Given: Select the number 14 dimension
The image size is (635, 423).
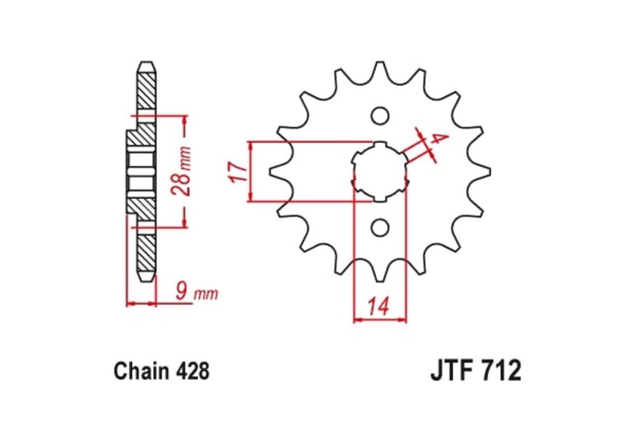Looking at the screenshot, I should point(379,306).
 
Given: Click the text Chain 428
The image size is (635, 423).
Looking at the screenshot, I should point(161,371).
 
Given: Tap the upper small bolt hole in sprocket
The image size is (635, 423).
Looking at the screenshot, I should point(379,115).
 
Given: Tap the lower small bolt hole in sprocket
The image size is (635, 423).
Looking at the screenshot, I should point(379,227).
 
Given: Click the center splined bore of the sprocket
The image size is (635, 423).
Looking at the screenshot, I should point(379,172).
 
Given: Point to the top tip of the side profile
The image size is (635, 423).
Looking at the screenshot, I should point(147,65).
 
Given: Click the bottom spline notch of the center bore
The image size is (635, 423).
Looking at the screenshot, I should point(379,199).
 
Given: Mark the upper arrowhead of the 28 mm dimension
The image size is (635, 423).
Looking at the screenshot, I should point(184,119).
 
